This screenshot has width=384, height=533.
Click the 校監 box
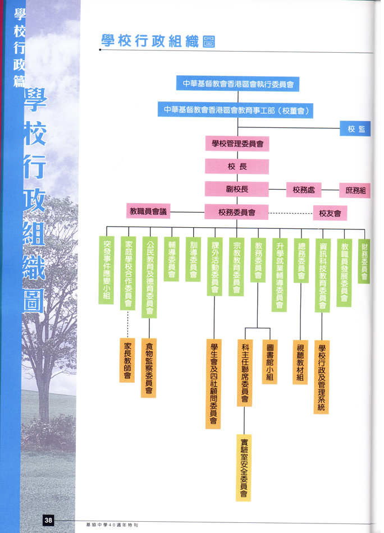(x=355, y=128)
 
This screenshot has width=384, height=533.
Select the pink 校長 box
(x=237, y=167)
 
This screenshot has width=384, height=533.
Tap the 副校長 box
(x=237, y=189)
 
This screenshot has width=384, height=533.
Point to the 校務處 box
(x=304, y=190)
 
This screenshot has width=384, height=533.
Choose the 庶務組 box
(x=355, y=190)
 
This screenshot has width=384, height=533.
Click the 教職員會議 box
(x=148, y=211)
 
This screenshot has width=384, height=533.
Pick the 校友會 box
(x=330, y=213)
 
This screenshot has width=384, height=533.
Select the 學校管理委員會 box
(x=237, y=144)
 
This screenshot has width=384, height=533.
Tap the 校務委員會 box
(x=237, y=212)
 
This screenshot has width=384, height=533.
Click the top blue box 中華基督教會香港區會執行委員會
(x=237, y=84)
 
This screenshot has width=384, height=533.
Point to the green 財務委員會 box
(x=364, y=261)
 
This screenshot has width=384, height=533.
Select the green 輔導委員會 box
(x=171, y=259)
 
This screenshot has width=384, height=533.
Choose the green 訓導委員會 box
(x=193, y=259)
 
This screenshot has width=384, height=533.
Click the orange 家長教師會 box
(x=127, y=360)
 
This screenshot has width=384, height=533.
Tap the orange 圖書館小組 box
(x=269, y=362)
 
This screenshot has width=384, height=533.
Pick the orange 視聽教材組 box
(x=300, y=362)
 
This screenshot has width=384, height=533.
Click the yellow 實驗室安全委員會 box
(x=244, y=468)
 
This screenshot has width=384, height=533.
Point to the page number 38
(x=48, y=520)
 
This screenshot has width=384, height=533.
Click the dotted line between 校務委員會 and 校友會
(x=291, y=213)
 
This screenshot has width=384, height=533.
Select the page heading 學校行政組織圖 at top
(x=158, y=41)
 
